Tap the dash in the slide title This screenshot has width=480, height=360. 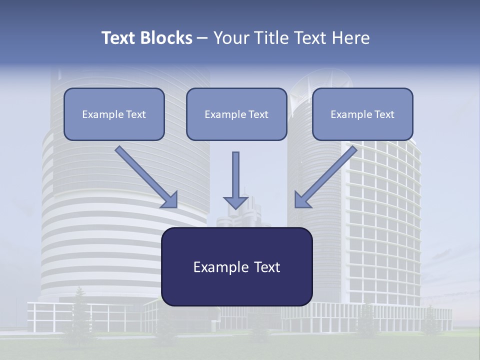(202, 38)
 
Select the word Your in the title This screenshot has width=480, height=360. (231, 38)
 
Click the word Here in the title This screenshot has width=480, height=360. (350, 38)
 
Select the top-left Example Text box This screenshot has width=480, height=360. (114, 114)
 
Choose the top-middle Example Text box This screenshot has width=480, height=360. (236, 114)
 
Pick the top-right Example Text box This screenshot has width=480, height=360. (362, 114)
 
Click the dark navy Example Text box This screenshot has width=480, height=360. (236, 266)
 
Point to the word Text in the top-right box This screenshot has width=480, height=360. (384, 114)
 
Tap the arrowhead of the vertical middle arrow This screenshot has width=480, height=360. (235, 202)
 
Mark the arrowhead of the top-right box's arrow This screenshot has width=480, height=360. (301, 200)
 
